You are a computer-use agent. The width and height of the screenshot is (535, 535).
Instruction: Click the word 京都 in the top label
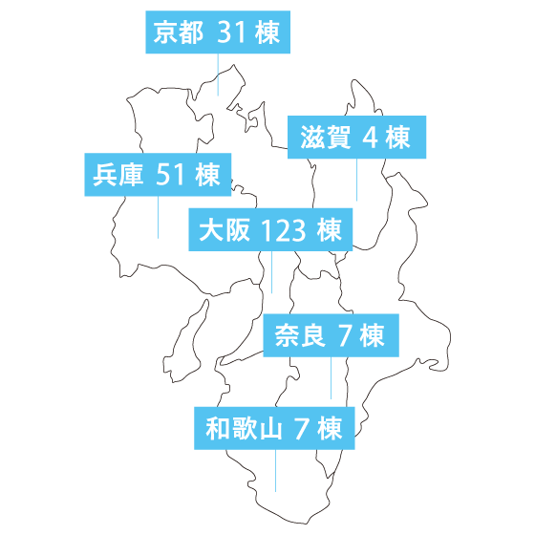point(178,32)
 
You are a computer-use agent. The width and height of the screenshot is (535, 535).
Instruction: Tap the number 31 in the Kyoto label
point(231,32)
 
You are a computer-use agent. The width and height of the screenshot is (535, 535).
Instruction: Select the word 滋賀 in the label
point(325,138)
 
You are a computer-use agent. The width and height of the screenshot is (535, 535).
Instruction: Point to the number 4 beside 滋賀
point(370,138)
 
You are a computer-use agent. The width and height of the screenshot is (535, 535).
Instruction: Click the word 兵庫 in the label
point(118,175)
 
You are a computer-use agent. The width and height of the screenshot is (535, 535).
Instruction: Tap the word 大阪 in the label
point(225,230)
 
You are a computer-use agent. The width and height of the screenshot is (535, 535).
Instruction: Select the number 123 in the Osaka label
point(284,230)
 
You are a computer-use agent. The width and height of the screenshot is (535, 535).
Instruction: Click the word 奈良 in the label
point(300,335)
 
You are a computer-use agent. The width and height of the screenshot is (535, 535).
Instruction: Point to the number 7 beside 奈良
point(345,335)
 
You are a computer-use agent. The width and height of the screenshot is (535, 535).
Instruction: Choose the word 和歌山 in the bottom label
point(244,428)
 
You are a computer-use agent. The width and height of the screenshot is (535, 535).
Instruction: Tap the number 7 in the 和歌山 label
point(302,428)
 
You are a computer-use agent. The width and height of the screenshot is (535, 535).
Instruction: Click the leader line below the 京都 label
point(218,75)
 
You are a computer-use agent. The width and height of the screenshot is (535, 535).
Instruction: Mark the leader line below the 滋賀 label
point(357,180)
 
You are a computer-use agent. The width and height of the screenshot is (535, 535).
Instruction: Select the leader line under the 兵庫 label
point(158,218)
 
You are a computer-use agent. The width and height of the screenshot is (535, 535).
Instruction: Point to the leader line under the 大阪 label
point(271,272)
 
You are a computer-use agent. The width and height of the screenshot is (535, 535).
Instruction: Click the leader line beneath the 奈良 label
point(331,378)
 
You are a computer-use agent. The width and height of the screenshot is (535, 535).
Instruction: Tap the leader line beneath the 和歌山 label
point(276,470)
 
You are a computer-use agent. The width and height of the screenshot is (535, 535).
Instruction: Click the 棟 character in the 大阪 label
point(330,230)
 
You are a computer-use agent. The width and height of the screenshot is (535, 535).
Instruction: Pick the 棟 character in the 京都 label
point(267,32)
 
